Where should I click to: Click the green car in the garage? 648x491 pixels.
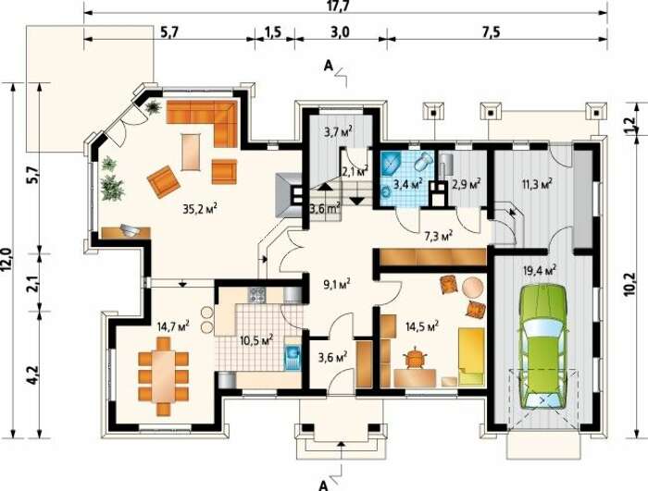click(x=542, y=346)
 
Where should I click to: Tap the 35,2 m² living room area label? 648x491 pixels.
click(x=200, y=209)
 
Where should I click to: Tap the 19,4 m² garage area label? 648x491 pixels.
click(x=540, y=271)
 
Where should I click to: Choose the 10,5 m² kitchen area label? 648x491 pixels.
click(x=256, y=340)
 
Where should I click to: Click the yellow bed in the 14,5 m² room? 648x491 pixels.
click(x=470, y=357)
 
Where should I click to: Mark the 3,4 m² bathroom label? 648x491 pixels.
click(x=407, y=183)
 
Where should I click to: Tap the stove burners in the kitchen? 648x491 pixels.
click(x=256, y=295)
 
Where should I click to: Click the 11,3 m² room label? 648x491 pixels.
click(x=537, y=184)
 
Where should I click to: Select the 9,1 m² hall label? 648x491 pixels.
click(x=336, y=284)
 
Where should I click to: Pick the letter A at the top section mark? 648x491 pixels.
click(x=328, y=66)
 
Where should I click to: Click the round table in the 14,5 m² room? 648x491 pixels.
click(x=473, y=287)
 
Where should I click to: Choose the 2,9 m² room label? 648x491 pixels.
click(x=466, y=184)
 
